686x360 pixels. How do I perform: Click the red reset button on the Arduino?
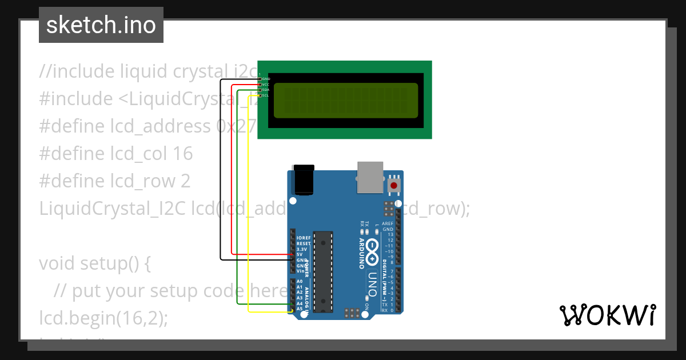pyautogui.click(x=393, y=185)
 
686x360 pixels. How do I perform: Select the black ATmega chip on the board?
pyautogui.click(x=324, y=271)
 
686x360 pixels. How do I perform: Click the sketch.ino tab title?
pyautogui.click(x=101, y=25)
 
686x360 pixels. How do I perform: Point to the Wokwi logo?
pyautogui.click(x=607, y=315)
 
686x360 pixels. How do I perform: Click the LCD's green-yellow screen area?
pyautogui.click(x=346, y=100)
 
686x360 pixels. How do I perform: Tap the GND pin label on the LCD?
pyautogui.click(x=265, y=79)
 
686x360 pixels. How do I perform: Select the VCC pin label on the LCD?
pyautogui.click(x=265, y=85)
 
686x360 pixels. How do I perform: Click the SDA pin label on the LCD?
pyautogui.click(x=265, y=90)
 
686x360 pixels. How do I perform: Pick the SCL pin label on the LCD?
pyautogui.click(x=265, y=95)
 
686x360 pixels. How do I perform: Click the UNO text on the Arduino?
pyautogui.click(x=372, y=283)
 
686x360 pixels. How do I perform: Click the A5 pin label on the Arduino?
pyautogui.click(x=300, y=309)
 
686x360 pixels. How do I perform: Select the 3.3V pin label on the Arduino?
pyautogui.click(x=302, y=249)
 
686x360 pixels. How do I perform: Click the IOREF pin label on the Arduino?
pyautogui.click(x=303, y=238)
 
